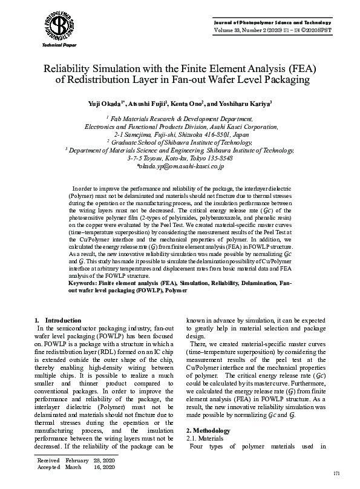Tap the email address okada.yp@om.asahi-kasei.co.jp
tap(180, 165)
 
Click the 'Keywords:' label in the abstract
tap(85, 283)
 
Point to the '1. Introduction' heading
tap(58, 320)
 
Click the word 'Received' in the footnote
tap(48, 461)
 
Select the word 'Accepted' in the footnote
tap(48, 467)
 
